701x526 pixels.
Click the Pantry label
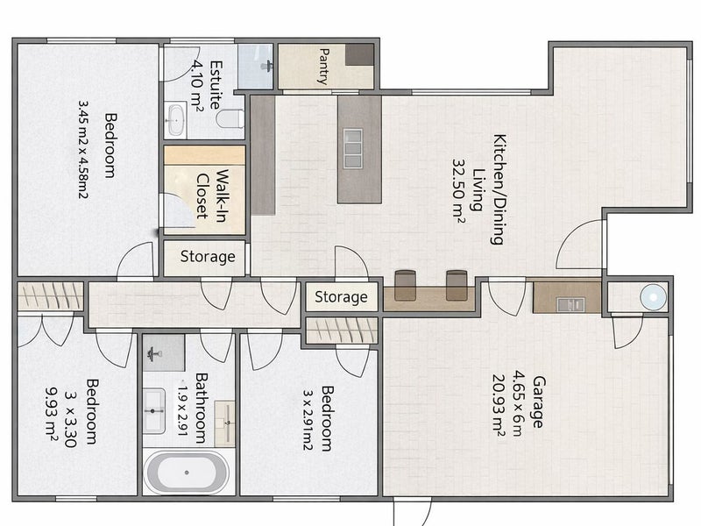(323, 67)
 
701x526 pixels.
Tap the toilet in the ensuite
(230, 119)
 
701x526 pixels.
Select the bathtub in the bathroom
(187, 473)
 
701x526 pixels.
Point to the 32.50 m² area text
(459, 188)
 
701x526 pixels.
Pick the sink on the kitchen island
(353, 148)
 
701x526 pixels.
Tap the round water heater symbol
(653, 297)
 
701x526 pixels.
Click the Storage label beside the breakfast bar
(341, 297)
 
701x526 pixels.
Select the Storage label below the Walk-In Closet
(208, 257)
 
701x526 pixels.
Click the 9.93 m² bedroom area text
(52, 413)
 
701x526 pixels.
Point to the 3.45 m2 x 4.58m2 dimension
(83, 149)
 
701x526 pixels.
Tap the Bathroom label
(202, 408)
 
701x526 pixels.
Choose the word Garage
(538, 402)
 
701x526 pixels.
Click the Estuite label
(216, 84)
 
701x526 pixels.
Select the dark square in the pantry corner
(359, 55)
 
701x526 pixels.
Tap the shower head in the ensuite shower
(267, 67)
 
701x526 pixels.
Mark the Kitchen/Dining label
(499, 188)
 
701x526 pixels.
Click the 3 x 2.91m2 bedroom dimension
(308, 420)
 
